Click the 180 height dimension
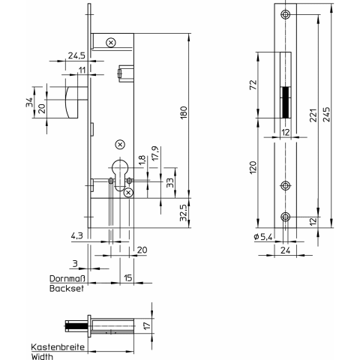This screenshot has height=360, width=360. [x=184, y=112]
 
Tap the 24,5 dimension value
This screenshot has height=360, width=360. [x=76, y=55]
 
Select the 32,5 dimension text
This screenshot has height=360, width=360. [x=184, y=212]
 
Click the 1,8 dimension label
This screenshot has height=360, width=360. [x=142, y=160]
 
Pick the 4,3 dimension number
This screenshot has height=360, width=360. [x=77, y=235]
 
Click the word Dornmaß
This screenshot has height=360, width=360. [x=67, y=278]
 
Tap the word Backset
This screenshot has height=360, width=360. [x=67, y=288]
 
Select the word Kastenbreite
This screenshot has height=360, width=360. [x=58, y=347]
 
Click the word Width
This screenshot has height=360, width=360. [x=42, y=356]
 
